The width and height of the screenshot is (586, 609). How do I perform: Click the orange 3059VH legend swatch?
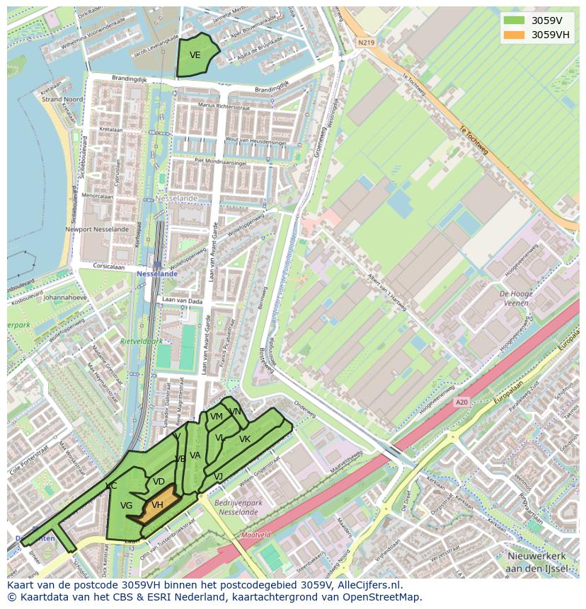point(515,35)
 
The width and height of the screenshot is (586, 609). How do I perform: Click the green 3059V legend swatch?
point(515,21)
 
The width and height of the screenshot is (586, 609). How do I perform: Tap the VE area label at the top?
point(195,55)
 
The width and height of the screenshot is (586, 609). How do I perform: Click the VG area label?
point(126,506)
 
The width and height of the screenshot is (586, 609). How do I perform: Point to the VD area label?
point(159,482)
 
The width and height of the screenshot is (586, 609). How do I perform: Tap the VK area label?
point(245,439)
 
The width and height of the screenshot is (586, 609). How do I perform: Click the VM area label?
point(217,417)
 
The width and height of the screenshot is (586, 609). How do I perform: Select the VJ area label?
point(218,477)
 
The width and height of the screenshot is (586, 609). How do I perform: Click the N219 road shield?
point(365,42)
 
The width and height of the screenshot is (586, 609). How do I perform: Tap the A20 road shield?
point(461,402)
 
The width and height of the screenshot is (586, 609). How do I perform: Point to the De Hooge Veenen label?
point(517,298)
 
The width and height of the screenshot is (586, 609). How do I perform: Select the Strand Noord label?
point(62,100)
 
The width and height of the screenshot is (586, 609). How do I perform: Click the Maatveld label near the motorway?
point(255,535)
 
